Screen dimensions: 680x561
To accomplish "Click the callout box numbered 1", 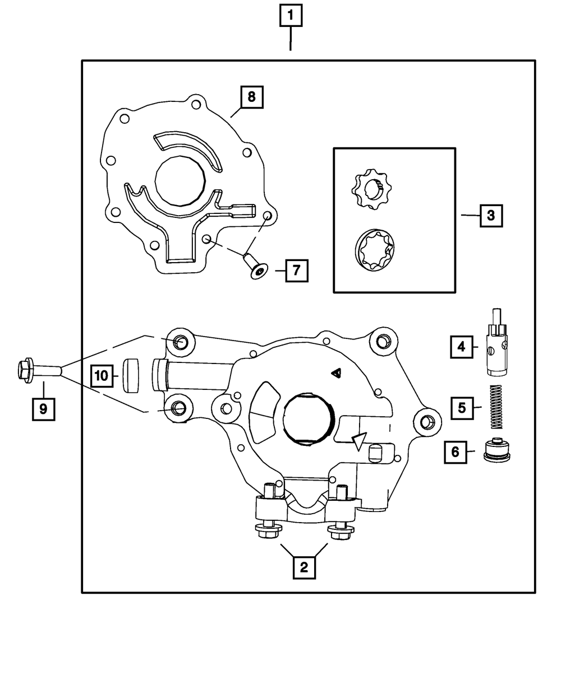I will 290,16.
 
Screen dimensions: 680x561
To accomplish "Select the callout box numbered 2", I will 304,567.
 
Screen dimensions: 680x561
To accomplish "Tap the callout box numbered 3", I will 491,215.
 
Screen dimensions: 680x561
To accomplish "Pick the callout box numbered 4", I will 461,347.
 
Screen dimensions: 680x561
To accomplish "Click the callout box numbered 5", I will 462,407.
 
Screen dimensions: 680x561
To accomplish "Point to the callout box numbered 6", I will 455,451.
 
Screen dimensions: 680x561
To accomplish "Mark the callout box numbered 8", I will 251,96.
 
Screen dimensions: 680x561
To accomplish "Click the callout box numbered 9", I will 43,409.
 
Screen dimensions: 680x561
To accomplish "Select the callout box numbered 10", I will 102,375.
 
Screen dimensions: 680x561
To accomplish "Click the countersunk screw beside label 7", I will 255,266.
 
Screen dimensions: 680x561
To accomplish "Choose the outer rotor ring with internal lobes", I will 375,250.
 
